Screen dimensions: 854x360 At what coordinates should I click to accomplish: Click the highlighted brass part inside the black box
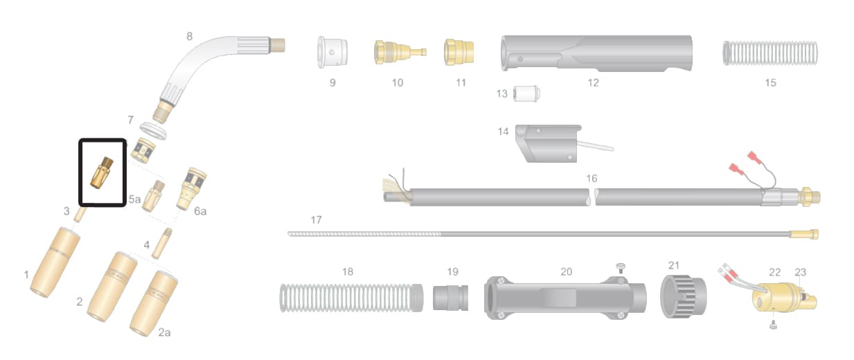point(102,172)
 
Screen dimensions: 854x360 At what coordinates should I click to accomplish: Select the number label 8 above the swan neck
point(190,37)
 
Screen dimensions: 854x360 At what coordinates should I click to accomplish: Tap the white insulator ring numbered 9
point(332,52)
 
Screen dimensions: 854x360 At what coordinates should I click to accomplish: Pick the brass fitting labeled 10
point(400,52)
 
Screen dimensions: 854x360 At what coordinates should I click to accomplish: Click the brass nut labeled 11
point(459,52)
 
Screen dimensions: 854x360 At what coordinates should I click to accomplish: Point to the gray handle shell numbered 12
point(596,53)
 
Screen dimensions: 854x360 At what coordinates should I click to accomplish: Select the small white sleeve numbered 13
point(526,93)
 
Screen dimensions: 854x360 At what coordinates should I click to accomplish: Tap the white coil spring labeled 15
point(770,53)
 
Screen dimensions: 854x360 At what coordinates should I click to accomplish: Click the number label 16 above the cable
point(591,179)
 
